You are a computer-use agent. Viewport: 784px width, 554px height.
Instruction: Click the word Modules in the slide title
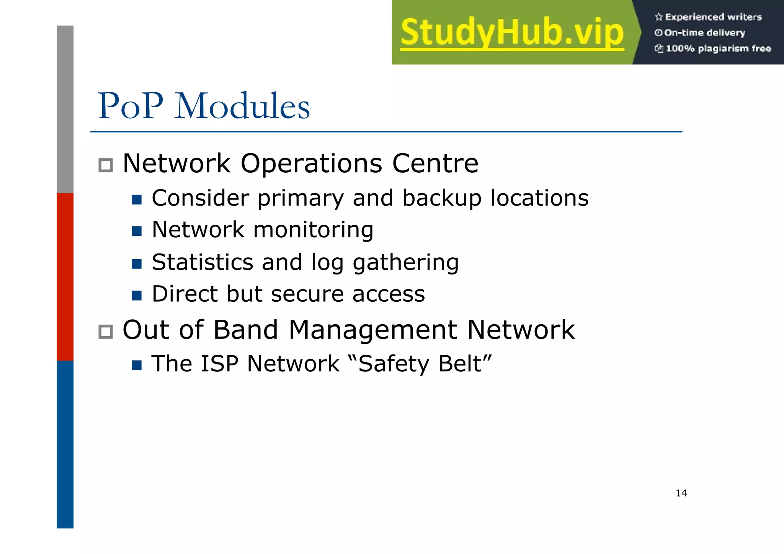point(242,106)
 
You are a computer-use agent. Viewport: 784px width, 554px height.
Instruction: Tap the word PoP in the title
point(131,106)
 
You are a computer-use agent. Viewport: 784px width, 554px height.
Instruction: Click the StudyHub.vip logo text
point(512,33)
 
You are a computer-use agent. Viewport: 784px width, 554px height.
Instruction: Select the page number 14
point(681,493)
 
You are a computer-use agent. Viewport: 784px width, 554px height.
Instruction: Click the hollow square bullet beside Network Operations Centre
point(106,165)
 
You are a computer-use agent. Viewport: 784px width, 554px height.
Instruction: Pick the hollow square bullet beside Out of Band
point(106,332)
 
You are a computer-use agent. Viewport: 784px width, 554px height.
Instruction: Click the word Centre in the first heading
point(435,163)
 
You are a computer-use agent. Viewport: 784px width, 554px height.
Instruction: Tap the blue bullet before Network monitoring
point(137,231)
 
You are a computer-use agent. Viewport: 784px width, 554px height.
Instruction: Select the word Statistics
point(203,262)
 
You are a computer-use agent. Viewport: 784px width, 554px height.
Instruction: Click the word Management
point(373,330)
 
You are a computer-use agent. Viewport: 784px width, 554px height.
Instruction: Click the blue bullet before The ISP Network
point(137,365)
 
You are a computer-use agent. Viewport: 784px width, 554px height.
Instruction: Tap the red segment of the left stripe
point(65,276)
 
